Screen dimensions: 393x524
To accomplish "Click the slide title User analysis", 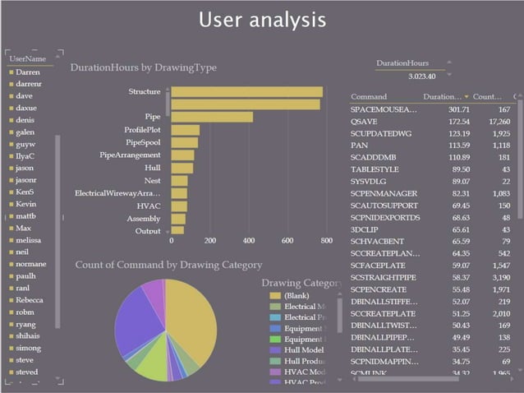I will (262, 20).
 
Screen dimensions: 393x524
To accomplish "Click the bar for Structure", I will (246, 92).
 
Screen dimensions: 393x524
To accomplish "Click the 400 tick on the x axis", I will (249, 241).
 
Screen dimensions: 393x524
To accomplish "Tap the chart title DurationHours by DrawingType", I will (143, 68).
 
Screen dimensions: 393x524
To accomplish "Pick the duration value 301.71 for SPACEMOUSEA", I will (458, 109).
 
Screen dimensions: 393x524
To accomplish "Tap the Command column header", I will (369, 96).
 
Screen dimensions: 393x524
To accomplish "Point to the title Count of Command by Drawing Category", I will (168, 265).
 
